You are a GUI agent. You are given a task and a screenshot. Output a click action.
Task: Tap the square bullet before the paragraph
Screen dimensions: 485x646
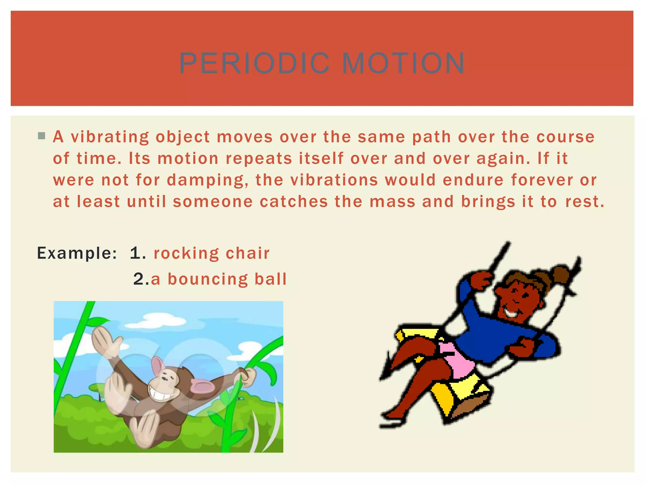coord(41,136)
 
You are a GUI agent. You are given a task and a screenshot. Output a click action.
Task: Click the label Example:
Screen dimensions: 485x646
coord(77,253)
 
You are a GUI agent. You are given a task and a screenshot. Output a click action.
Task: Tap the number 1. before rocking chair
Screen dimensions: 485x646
coord(138,253)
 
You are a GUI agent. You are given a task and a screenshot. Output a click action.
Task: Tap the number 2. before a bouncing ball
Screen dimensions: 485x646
coord(141,279)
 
